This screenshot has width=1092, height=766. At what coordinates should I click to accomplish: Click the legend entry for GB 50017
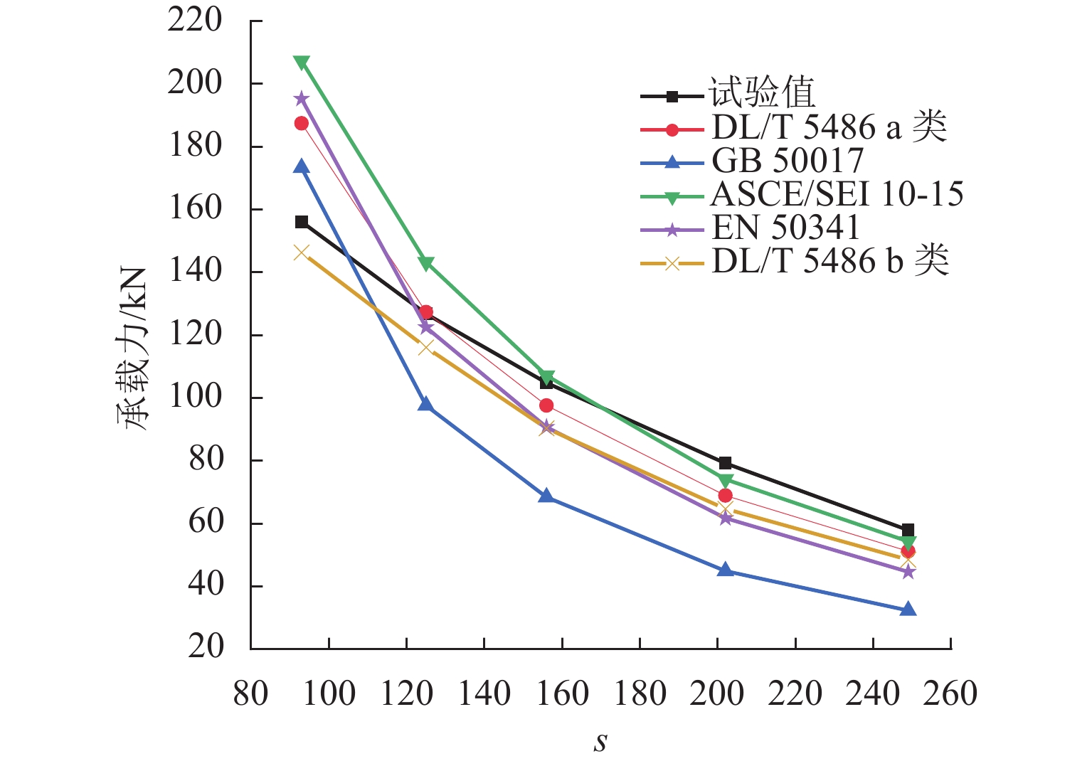[x=788, y=161]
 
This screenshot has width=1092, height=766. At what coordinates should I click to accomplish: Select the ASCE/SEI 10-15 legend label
[x=837, y=194]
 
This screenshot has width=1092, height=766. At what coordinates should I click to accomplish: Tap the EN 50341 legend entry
[x=785, y=228]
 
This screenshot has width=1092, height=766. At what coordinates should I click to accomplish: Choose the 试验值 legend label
[x=761, y=93]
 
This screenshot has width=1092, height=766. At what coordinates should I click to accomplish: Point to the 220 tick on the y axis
[x=195, y=21]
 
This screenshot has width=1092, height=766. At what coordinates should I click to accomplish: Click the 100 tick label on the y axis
[x=195, y=397]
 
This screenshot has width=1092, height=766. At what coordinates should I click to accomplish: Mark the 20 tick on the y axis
[x=206, y=647]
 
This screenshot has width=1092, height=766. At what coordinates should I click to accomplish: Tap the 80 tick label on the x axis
[x=250, y=693]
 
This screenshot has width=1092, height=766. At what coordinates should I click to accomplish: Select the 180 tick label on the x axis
[x=640, y=693]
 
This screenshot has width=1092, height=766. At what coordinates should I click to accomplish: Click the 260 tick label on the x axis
[x=950, y=693]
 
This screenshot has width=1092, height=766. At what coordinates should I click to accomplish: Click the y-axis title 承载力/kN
[x=132, y=349]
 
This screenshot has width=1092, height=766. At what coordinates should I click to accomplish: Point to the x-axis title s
[x=600, y=743]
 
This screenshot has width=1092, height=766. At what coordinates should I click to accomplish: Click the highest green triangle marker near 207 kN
[x=302, y=63]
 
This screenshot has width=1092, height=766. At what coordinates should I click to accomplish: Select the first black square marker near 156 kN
[x=302, y=222]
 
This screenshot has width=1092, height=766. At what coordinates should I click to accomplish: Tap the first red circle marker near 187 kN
[x=302, y=124]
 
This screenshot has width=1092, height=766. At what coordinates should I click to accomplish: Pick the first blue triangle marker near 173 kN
[x=302, y=167]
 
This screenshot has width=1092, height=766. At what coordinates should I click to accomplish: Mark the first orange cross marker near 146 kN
[x=302, y=252]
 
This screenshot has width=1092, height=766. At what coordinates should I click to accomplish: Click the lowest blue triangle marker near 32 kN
[x=908, y=610]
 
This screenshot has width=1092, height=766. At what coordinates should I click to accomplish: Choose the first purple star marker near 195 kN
[x=302, y=98]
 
